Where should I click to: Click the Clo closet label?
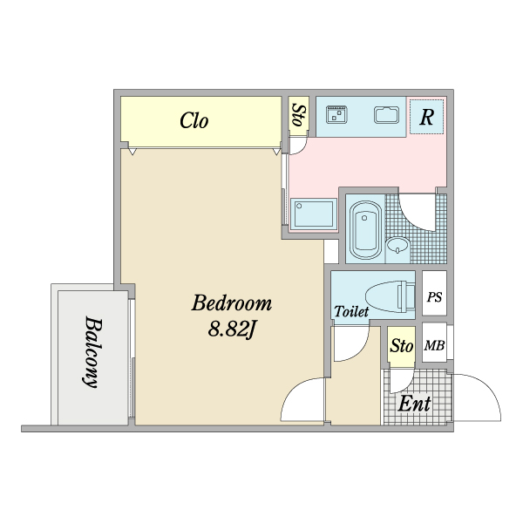pos(194,121)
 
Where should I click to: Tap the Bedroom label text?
pos(232,304)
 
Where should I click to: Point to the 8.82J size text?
pos(231,329)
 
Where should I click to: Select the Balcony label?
pos(90,351)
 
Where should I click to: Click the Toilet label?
pos(351,311)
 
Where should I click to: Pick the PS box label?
pos(434,297)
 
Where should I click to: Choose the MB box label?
pos(434,346)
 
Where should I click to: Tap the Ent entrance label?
pos(414,404)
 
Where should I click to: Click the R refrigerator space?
pos(426,118)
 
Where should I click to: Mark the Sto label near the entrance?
pos(401,346)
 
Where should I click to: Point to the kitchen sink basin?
pos(386,114)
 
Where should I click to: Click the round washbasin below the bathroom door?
pos(398,246)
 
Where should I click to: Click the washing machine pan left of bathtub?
pos(313,214)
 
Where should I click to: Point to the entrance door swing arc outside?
pos(477,397)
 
